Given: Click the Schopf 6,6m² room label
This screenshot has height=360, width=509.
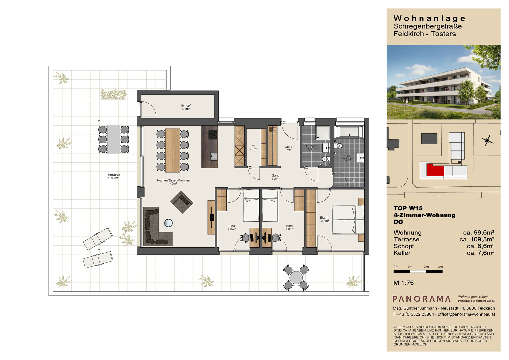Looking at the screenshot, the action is click(186, 107).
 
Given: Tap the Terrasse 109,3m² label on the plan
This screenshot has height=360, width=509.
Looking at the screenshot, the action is click(114, 176).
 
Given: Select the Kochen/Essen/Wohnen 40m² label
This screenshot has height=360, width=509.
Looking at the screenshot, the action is click(173, 182).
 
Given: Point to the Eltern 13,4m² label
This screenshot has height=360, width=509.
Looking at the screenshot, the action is click(324, 219).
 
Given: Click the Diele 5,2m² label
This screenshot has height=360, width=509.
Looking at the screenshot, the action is click(288, 148).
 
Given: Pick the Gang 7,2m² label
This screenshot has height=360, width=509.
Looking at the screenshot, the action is click(275, 177).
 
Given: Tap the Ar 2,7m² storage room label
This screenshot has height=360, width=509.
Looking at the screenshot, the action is click(253, 147).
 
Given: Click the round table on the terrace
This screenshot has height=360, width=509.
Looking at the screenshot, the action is click(296, 277).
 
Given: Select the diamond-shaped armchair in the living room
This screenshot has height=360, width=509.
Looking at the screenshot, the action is click(182, 202).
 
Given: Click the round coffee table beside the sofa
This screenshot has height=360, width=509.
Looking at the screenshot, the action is click(168, 223).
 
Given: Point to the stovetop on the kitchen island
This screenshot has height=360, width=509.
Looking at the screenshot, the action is click(213, 134).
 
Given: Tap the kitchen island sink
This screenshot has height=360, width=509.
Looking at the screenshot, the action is click(213, 156).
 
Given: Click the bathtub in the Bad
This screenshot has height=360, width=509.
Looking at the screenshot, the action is click(349, 132).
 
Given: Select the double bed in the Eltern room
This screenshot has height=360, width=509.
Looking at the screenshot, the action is click(348, 220).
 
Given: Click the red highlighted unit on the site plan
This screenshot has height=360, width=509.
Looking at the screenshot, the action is click(435, 170).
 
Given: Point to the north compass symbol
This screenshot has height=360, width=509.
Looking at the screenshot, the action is click(487, 140).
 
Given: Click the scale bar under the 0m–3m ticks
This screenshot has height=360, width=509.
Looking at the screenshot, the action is click(418, 271).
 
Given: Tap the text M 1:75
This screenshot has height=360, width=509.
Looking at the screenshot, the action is click(404, 283).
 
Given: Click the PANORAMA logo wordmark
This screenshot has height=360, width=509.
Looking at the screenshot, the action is click(421, 299).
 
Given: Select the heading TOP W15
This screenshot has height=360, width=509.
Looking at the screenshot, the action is click(408, 208).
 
